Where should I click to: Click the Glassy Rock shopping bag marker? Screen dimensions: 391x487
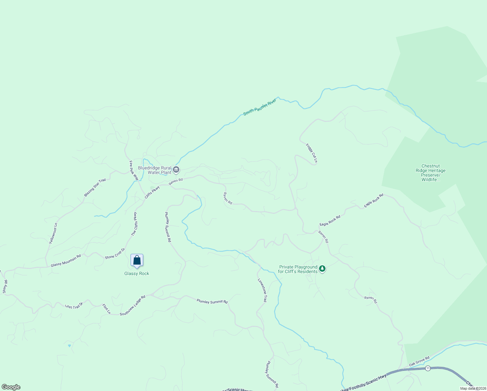(x=137, y=260)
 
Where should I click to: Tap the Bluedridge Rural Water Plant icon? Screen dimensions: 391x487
(x=176, y=169)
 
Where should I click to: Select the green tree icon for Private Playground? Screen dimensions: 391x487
(x=322, y=269)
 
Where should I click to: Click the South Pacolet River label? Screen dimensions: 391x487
(x=259, y=107)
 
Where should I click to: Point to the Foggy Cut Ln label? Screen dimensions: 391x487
(x=312, y=153)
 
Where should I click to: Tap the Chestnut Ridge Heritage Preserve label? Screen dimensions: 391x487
(x=430, y=173)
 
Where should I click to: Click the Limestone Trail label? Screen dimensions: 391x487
(x=262, y=291)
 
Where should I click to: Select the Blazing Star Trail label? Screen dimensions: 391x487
(x=95, y=187)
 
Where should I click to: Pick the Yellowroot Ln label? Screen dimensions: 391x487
(x=53, y=233)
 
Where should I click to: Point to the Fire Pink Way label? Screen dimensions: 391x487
(x=134, y=170)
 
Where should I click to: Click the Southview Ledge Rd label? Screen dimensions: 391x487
(x=132, y=306)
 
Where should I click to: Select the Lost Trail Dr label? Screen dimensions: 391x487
(x=74, y=306)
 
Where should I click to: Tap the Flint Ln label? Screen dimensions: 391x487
(x=106, y=309)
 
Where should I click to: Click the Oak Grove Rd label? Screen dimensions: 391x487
(x=419, y=361)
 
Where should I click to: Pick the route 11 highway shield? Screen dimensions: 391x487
(x=428, y=368)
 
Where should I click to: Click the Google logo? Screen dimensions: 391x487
(x=11, y=387)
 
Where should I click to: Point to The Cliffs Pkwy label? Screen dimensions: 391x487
(x=134, y=224)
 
